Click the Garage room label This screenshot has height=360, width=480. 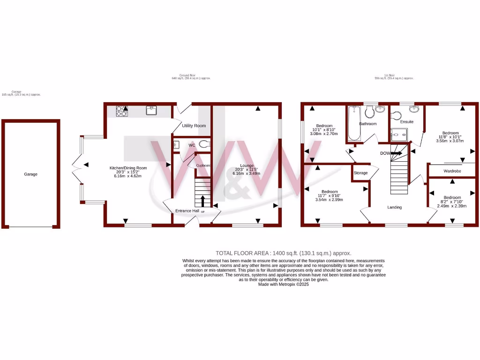coord(31,174)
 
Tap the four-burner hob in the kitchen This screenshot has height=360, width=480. coord(122,111)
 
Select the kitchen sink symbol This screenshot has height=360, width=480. coord(151,111)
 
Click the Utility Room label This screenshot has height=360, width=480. coord(194,126)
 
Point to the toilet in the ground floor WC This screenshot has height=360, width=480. coord(203,145)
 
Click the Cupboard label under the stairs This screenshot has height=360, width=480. coord(203,165)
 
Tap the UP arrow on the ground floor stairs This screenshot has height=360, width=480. coord(202,201)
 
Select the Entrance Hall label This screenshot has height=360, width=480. coord(187,211)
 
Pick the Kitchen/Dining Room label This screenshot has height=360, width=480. coord(128,168)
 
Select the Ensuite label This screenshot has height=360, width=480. coord(407,122)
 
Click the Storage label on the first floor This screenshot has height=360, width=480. coord(360,173)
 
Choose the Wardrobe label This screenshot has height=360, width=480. coord(452,172)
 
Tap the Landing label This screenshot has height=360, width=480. coord(394,207)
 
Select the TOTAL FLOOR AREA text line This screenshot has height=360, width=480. coord(283,253)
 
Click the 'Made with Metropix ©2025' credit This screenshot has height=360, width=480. coord(283,284)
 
